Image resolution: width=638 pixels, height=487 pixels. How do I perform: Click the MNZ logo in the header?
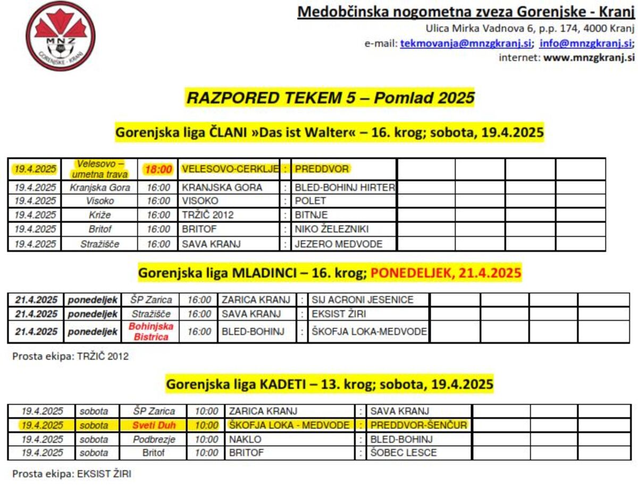click(x=61, y=36)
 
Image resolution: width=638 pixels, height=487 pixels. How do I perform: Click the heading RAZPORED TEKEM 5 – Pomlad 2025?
click(x=330, y=98)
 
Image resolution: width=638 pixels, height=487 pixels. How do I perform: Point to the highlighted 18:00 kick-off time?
click(x=158, y=169)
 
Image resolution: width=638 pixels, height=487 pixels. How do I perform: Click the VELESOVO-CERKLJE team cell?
click(x=230, y=169)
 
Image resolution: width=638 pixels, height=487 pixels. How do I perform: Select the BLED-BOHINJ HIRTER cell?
click(x=345, y=187)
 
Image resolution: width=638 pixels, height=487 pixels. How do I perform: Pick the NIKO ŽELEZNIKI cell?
click(x=332, y=229)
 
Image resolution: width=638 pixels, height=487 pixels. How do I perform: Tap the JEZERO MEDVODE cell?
click(x=339, y=244)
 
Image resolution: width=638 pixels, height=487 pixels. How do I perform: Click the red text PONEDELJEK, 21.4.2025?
click(x=446, y=273)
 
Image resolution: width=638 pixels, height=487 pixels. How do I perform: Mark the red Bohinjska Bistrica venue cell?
click(x=151, y=332)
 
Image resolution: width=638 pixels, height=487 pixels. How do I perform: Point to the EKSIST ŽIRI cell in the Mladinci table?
click(x=339, y=313)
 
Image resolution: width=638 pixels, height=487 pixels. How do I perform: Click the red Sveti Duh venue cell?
click(x=154, y=425)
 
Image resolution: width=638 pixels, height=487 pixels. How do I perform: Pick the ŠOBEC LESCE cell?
click(x=404, y=453)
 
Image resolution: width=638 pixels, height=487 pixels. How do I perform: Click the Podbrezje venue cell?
click(x=154, y=439)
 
